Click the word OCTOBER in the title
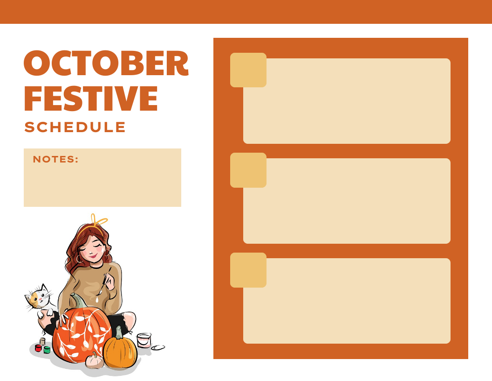[x=106, y=63]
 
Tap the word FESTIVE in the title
[x=91, y=98]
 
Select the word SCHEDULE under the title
[x=75, y=127]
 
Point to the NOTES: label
[x=56, y=159]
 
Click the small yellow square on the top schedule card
[x=248, y=70]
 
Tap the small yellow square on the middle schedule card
[x=248, y=170]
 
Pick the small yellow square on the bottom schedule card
[x=248, y=270]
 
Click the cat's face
[x=37, y=297]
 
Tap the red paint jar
[x=38, y=348]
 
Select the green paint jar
[x=47, y=349]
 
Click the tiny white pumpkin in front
[x=95, y=361]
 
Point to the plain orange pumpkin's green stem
[x=119, y=332]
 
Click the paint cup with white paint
[x=144, y=340]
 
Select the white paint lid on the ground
[x=158, y=347]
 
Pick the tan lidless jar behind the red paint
[x=42, y=341]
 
